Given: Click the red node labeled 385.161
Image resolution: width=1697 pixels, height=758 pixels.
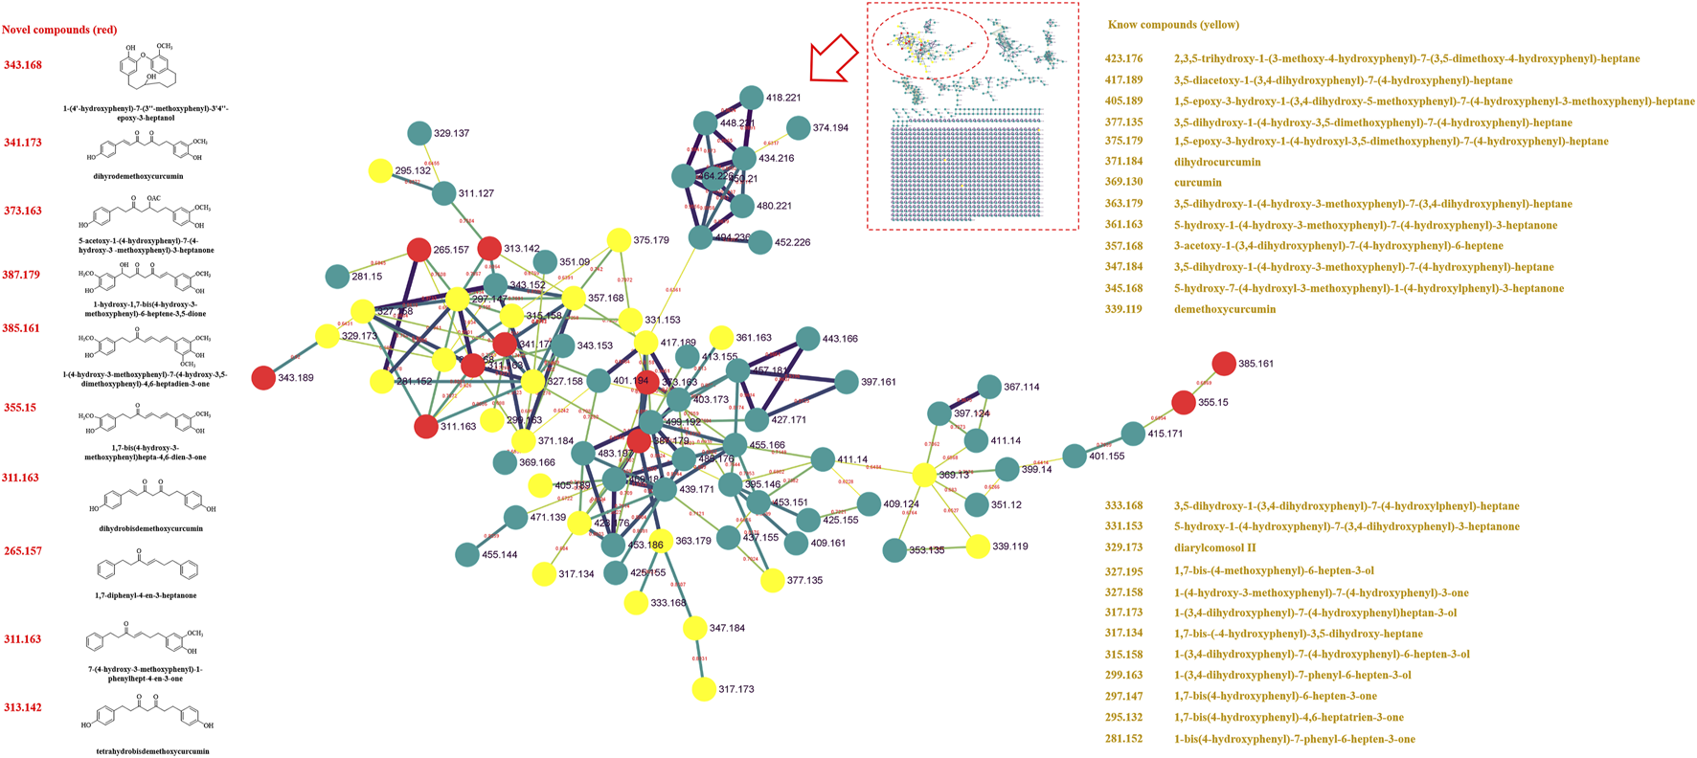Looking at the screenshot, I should (x=1223, y=364).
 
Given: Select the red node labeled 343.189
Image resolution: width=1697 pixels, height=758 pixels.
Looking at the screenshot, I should (x=263, y=378).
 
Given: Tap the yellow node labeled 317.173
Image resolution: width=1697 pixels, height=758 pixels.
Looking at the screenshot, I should (x=704, y=689).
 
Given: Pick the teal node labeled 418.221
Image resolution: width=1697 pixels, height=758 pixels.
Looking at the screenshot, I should (x=752, y=98).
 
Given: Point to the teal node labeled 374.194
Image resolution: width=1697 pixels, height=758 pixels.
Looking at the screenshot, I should (x=799, y=127).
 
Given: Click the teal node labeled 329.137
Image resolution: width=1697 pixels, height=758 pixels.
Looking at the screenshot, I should (x=419, y=134).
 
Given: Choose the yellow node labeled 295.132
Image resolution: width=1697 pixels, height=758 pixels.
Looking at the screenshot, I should (x=380, y=171).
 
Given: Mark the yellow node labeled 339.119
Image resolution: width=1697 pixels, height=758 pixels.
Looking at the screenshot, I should (x=978, y=546).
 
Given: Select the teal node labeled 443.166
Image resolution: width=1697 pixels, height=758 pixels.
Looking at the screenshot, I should (x=807, y=339).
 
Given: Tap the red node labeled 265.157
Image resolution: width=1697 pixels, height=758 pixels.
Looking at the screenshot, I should (x=419, y=251).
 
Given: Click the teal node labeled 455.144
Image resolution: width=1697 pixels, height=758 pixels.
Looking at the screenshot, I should (x=466, y=554).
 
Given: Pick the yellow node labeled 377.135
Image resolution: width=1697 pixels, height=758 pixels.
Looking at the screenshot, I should (x=772, y=580).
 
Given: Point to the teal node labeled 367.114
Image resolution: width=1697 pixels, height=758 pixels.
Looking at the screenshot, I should (x=989, y=387).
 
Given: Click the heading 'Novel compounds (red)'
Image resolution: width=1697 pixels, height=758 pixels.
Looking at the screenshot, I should (x=59, y=30).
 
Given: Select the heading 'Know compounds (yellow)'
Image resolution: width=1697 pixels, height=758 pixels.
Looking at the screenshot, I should (x=1173, y=25).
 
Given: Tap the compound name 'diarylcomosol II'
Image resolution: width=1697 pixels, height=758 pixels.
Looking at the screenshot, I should (x=1214, y=548).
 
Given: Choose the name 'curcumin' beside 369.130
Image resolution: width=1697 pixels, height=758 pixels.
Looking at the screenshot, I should (x=1198, y=182).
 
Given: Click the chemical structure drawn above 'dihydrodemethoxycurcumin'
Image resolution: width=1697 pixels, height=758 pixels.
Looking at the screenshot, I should (x=149, y=147).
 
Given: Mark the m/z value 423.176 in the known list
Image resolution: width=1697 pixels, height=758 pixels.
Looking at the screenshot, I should (x=1123, y=59).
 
